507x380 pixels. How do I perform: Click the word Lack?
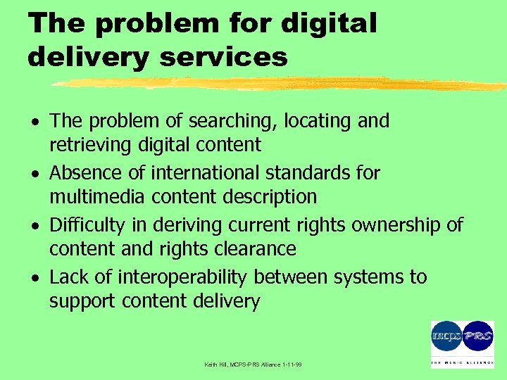[69, 277]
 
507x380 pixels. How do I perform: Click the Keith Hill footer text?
[252, 365]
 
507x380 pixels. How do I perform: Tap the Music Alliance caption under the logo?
[462, 363]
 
